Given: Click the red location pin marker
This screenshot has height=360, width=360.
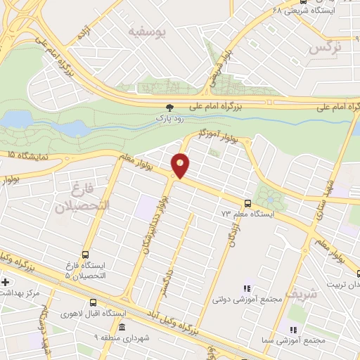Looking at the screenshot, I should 181,165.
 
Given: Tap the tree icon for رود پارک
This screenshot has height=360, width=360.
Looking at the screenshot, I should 169,108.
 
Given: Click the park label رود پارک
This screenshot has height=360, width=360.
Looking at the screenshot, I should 169,120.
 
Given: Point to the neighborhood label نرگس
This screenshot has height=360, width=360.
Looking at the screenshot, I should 324,47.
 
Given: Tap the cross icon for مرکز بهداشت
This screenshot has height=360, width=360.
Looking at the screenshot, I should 6,283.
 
